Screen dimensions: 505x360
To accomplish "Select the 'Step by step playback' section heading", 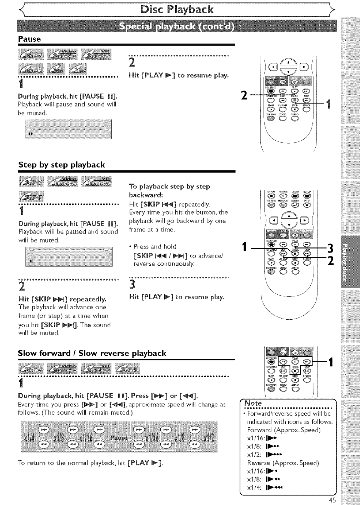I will [x=62, y=165].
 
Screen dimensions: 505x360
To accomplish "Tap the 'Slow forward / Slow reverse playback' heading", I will [x=92, y=353].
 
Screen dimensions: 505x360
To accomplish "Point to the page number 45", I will [x=332, y=500].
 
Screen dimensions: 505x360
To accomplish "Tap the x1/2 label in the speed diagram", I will [x=207, y=438].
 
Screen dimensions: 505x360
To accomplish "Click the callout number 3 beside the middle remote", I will [x=330, y=247].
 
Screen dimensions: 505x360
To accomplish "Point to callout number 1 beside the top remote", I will [x=329, y=105].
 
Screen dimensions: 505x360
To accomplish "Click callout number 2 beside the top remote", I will [x=244, y=95].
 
